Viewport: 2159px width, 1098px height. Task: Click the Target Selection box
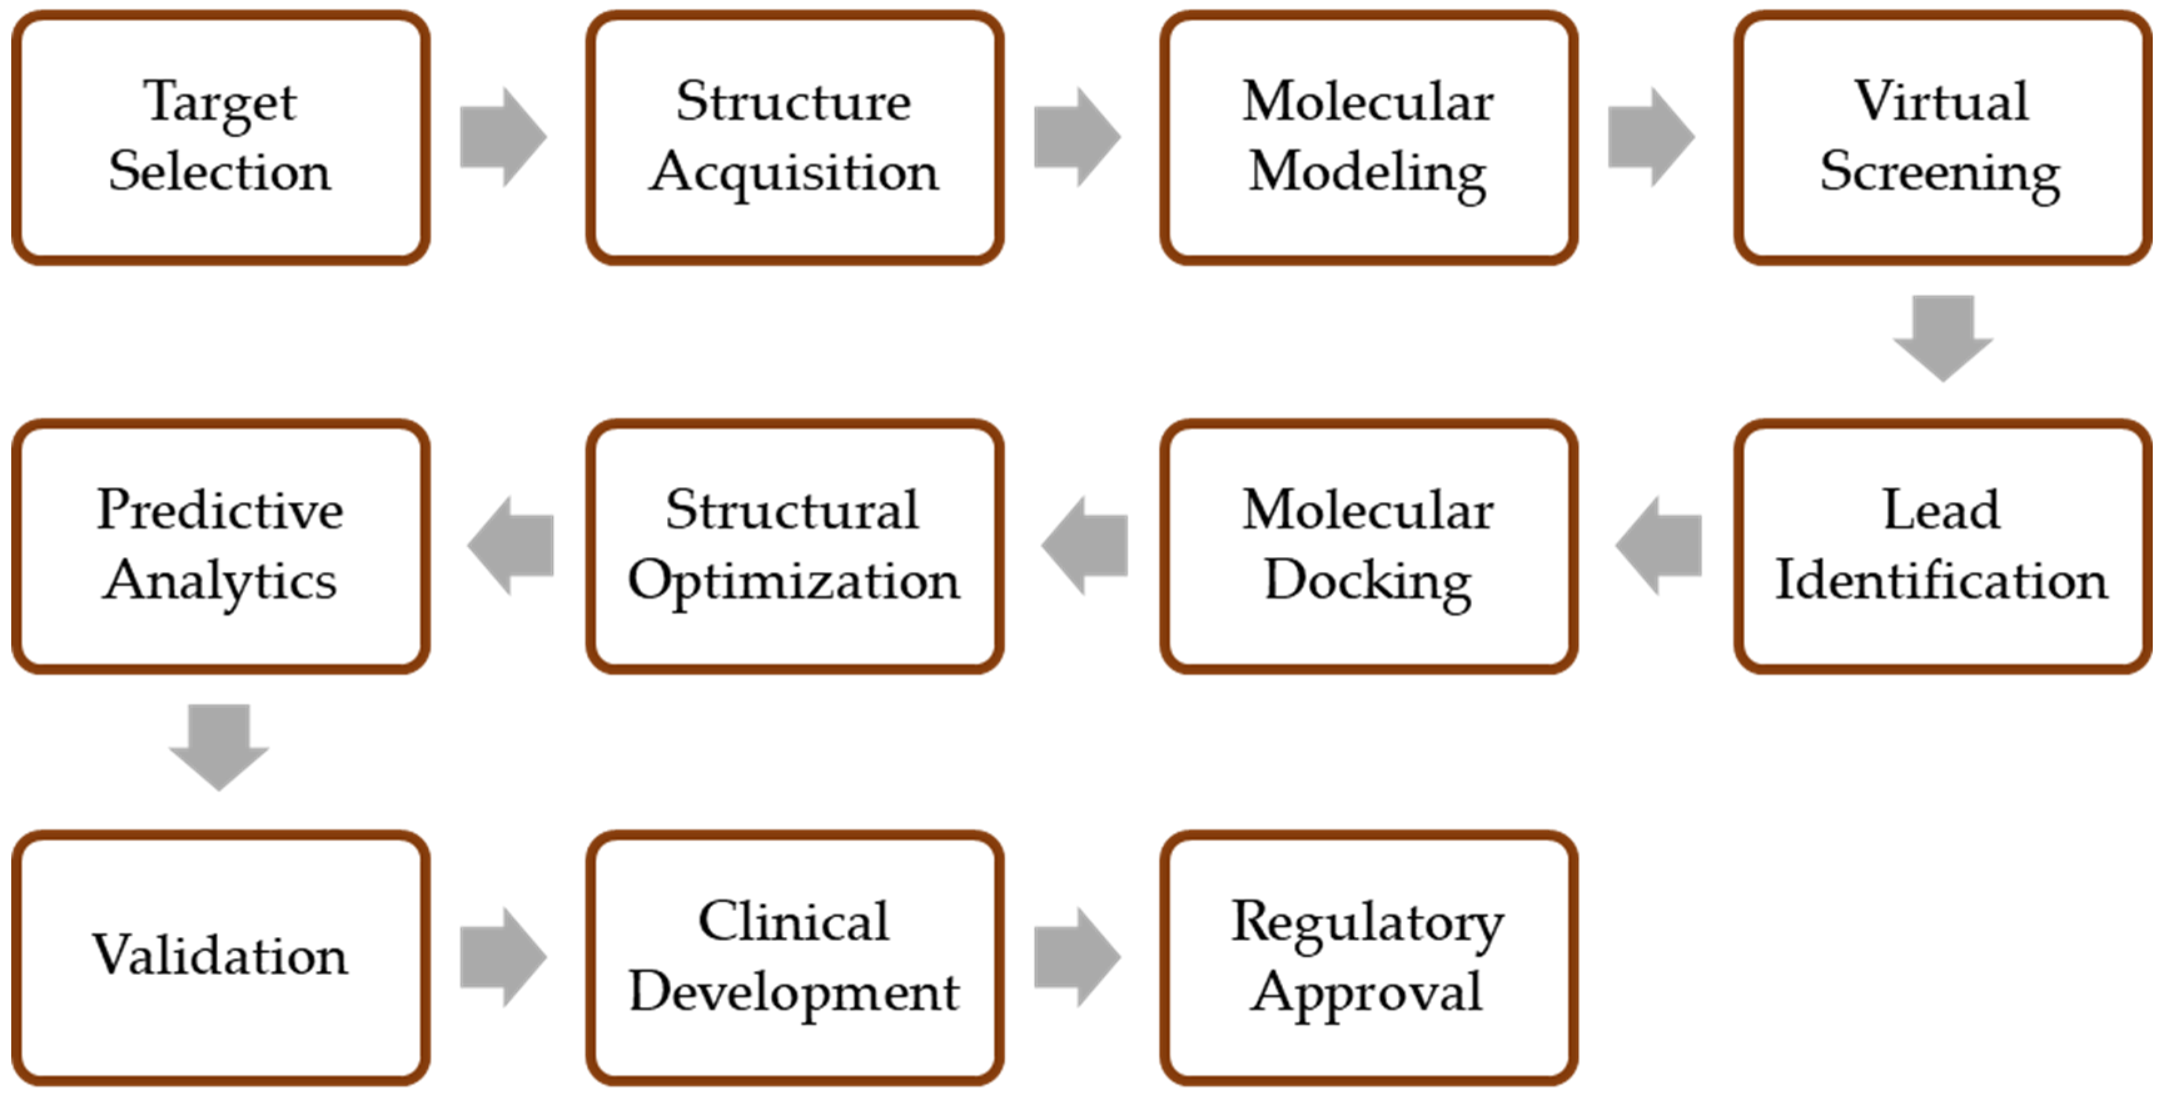tap(220, 138)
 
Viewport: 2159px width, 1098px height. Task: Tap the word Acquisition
tap(794, 173)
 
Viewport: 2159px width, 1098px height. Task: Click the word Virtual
tap(1941, 101)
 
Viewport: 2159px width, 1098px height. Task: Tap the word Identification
tap(1941, 581)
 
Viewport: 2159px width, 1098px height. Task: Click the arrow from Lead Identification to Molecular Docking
tap(1660, 546)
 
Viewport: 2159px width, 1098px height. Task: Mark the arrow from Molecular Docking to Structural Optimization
tap(1085, 546)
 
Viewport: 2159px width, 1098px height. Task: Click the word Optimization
tap(794, 581)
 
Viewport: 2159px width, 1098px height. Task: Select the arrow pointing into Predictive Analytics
tap(511, 546)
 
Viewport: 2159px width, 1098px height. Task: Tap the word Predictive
tap(220, 510)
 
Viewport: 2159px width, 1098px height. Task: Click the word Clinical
tap(794, 921)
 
